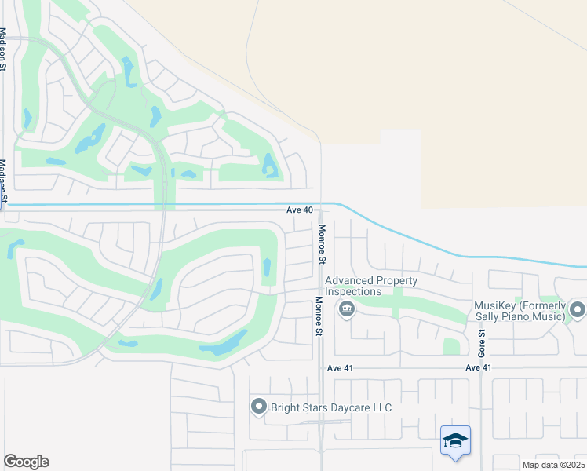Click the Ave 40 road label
[x=299, y=210]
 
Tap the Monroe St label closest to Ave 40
[x=322, y=243]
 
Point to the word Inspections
[x=353, y=291]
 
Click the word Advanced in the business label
[x=350, y=280]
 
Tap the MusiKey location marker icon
[x=578, y=310]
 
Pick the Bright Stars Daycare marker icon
[x=259, y=407]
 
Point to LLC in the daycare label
[x=381, y=408]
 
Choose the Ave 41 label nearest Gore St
[x=478, y=367]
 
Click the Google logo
[x=26, y=462]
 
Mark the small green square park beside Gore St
[x=451, y=346]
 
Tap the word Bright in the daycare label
[x=288, y=408]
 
